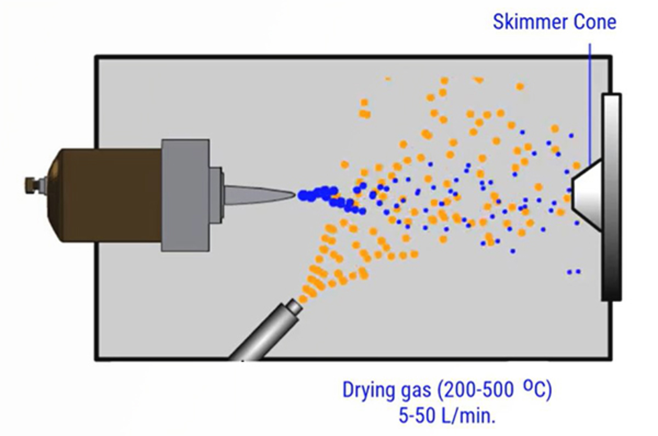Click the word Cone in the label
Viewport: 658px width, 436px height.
pos(595,22)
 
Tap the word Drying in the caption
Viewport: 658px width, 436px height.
pos(368,390)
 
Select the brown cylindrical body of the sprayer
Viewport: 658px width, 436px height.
pos(105,195)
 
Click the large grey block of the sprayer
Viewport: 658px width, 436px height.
pos(185,195)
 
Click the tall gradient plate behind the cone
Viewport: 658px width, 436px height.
pos(611,197)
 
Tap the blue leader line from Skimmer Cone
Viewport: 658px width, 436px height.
pos(590,103)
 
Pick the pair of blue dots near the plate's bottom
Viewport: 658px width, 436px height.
pos(574,271)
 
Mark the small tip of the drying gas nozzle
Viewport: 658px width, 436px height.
pos(294,306)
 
